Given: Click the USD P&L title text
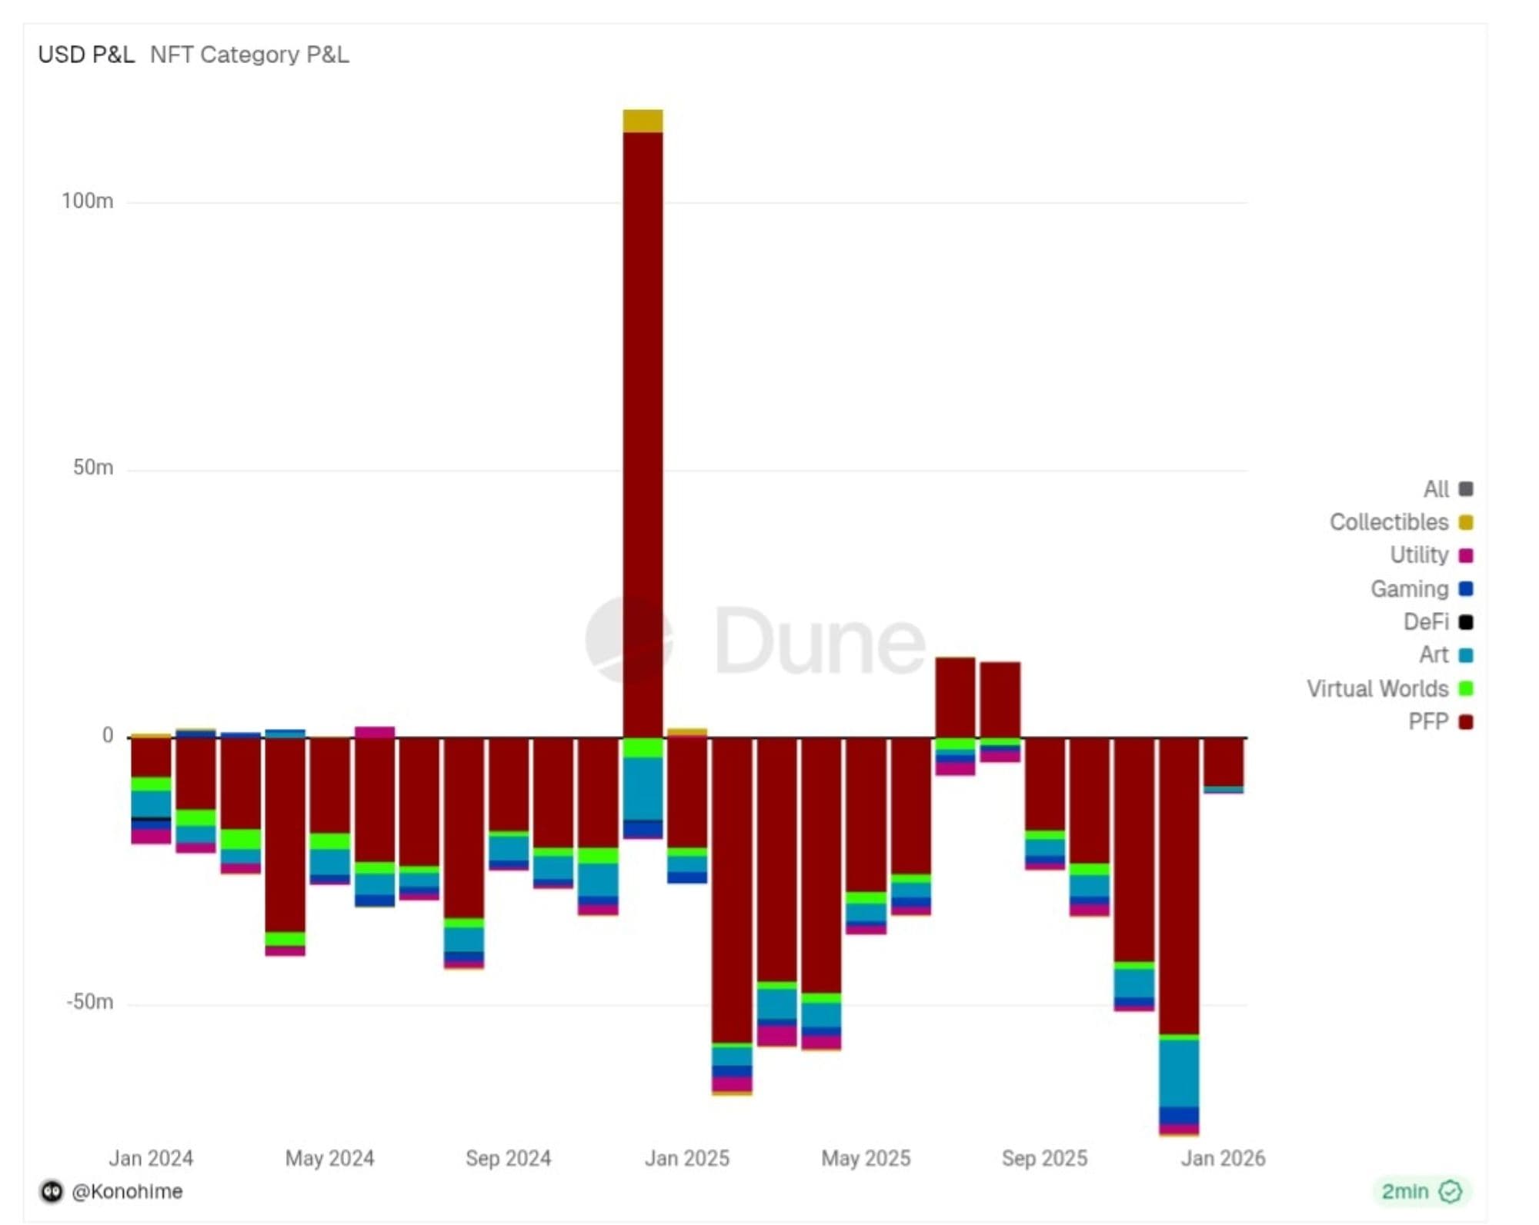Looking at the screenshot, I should tap(86, 55).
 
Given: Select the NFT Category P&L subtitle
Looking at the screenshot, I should tap(249, 55).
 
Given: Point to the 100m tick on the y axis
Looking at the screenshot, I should tap(87, 201).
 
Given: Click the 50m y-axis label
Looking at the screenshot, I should tap(92, 468).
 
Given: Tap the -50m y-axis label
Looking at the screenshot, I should tap(89, 1002).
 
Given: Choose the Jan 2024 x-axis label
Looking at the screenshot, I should tap(151, 1158).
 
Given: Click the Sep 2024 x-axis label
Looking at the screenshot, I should tap(508, 1158).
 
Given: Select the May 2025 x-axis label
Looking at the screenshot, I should tap(866, 1158).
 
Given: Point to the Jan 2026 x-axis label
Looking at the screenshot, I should tap(1223, 1158).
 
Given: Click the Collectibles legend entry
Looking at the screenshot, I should tap(1389, 522).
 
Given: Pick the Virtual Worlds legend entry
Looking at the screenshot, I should tap(1377, 688).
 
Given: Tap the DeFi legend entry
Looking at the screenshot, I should tap(1426, 621).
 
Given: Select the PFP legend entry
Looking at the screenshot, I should tap(1428, 721).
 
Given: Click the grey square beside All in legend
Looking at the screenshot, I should tap(1466, 489).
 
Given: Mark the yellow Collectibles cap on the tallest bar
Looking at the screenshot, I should tap(643, 121).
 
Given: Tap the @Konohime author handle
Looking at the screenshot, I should tap(127, 1191).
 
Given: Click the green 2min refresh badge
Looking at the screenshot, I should tap(1420, 1191).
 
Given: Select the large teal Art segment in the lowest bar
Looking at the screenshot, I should tap(1179, 1073).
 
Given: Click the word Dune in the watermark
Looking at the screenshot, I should tap(820, 641).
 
